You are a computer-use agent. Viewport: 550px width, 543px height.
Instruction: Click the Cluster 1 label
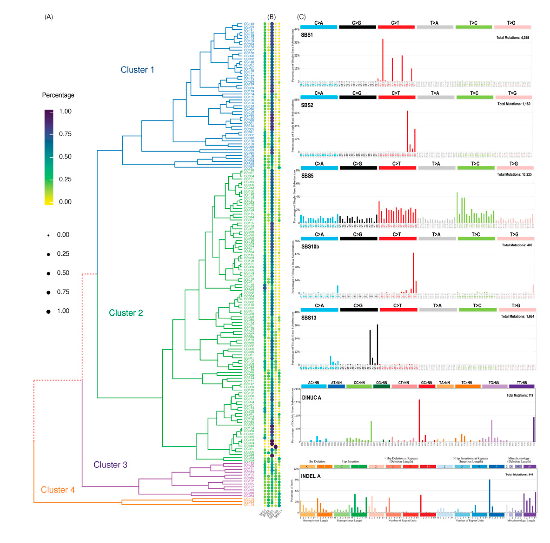point(137,70)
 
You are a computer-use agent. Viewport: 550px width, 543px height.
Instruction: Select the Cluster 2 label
point(126,313)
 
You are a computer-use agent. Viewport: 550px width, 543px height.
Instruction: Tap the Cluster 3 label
point(110,465)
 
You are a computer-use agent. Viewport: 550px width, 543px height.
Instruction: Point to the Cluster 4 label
point(58,490)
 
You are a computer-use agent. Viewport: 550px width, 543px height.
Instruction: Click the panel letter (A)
point(49,17)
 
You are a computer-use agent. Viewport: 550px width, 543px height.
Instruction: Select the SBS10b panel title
point(310,247)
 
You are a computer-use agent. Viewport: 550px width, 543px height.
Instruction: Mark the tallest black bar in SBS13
point(378,344)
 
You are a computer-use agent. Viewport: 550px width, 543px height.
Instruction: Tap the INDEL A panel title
point(311,476)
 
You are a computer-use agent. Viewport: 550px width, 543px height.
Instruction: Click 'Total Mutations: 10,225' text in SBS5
point(514,174)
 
